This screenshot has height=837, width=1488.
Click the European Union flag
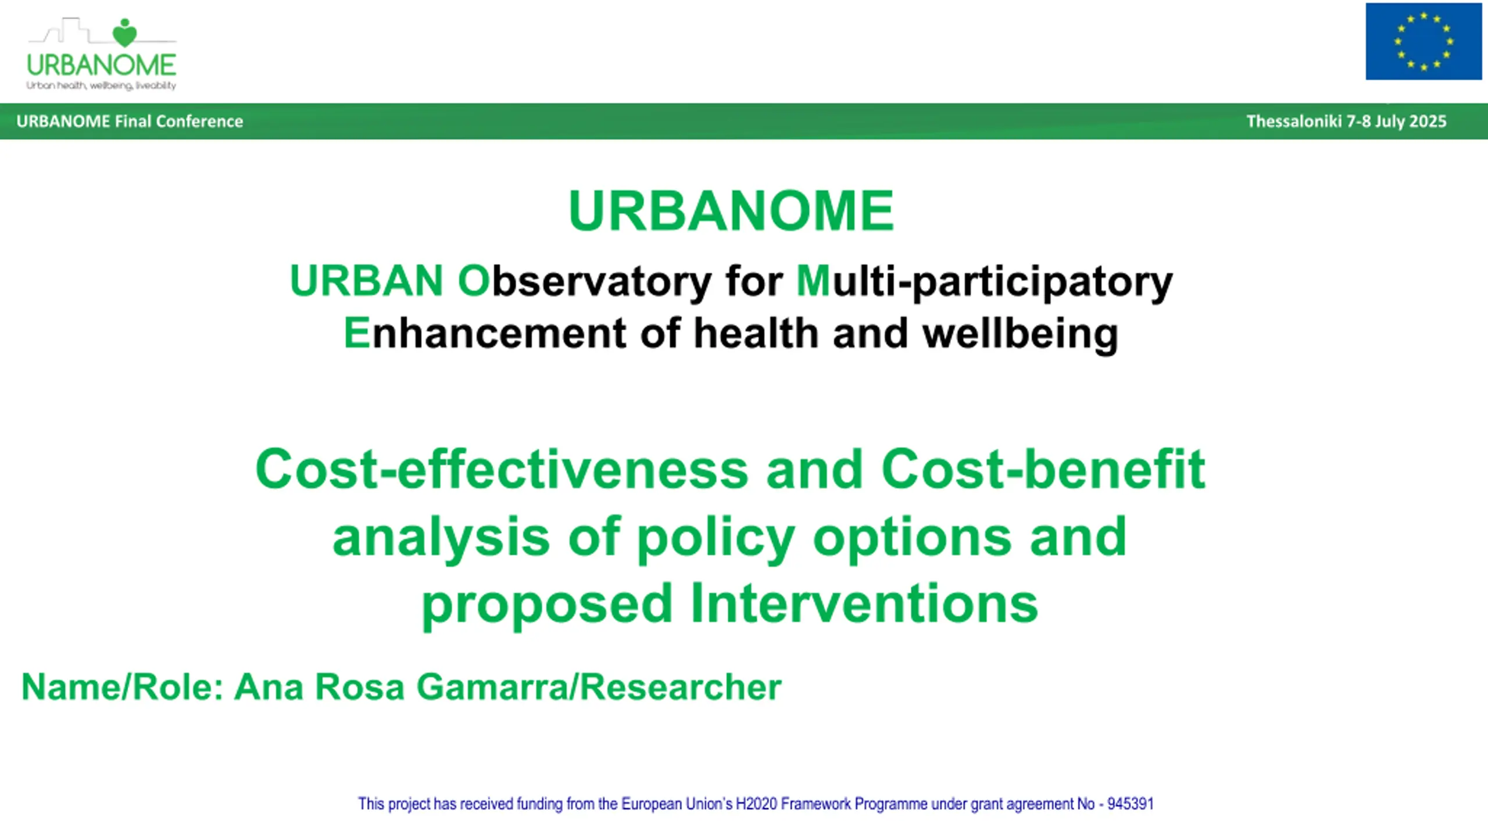(1423, 41)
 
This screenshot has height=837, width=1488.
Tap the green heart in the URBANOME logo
(124, 34)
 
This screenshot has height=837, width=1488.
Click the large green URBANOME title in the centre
(731, 210)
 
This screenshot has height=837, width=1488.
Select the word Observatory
(584, 281)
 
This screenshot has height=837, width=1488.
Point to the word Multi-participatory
(984, 281)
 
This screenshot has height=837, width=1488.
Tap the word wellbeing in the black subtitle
(1020, 334)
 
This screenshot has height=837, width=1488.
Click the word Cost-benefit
(1043, 469)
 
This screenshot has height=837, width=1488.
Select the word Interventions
(864, 604)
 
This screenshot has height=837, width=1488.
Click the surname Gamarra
(492, 687)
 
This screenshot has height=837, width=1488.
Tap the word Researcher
(681, 687)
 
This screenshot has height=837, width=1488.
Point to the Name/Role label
(123, 687)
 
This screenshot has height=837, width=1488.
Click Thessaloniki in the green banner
(1294, 121)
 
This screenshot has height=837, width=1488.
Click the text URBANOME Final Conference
(130, 121)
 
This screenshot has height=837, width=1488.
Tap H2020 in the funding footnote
(756, 804)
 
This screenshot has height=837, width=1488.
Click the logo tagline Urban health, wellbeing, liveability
(101, 86)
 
